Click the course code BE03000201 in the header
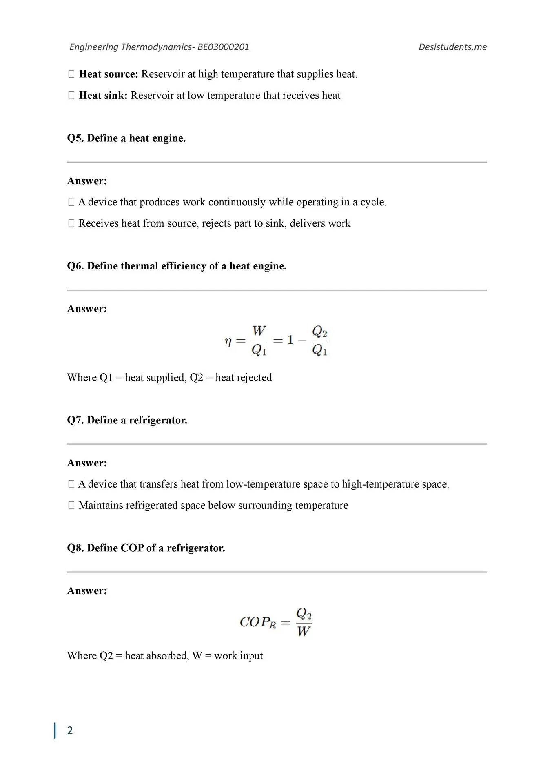point(223,47)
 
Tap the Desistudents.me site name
point(452,47)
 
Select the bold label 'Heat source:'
point(109,74)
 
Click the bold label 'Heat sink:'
point(103,96)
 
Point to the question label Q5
point(75,138)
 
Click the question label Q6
point(75,266)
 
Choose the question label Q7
point(75,420)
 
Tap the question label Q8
point(75,548)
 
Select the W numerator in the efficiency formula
point(259,331)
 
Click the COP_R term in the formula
point(258,622)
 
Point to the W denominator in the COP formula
point(304,631)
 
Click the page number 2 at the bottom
point(70,731)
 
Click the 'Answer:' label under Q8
point(87,591)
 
